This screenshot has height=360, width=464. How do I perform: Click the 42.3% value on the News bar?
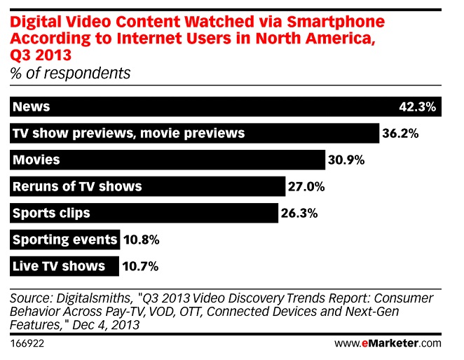pos(417,106)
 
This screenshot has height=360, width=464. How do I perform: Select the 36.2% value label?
pos(400,133)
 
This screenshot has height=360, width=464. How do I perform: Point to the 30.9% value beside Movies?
pos(346,160)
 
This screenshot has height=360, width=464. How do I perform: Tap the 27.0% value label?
pos(306,187)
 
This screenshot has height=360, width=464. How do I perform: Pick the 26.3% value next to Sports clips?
pos(299,214)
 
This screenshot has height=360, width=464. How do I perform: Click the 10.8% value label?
pos(142,240)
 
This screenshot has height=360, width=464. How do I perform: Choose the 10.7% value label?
pos(140,267)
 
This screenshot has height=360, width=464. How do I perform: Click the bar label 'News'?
pos(31,106)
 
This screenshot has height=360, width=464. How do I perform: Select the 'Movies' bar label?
pos(36,160)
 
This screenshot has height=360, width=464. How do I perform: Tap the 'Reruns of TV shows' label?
pos(77,186)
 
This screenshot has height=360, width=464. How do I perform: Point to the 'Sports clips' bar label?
pos(51,214)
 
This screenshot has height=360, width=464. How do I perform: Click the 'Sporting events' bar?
pos(64,240)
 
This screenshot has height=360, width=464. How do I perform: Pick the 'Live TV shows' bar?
pos(64,266)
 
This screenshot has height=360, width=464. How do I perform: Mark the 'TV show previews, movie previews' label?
pos(129,133)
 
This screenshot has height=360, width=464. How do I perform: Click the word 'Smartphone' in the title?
pos(336,22)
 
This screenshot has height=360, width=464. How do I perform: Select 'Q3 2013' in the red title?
pos(41,55)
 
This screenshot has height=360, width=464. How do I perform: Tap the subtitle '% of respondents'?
pos(70,73)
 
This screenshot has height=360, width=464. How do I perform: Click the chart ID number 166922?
pos(27,343)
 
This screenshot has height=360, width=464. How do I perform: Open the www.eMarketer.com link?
pos(388,343)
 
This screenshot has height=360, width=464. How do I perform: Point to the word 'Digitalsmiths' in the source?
pos(93,298)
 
